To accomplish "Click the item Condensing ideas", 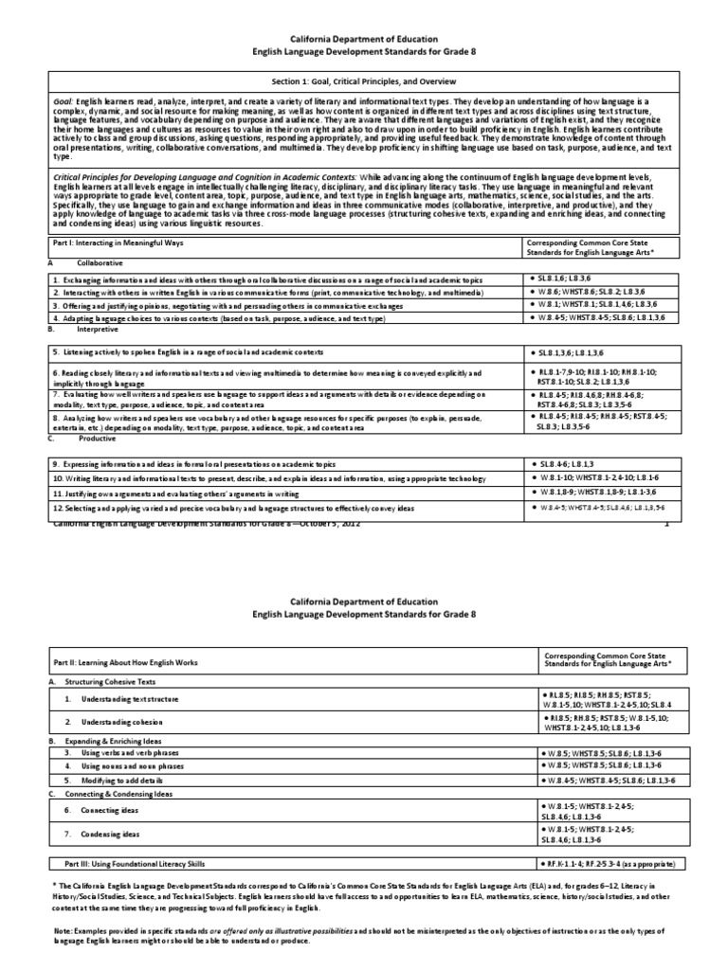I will [x=117, y=834].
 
